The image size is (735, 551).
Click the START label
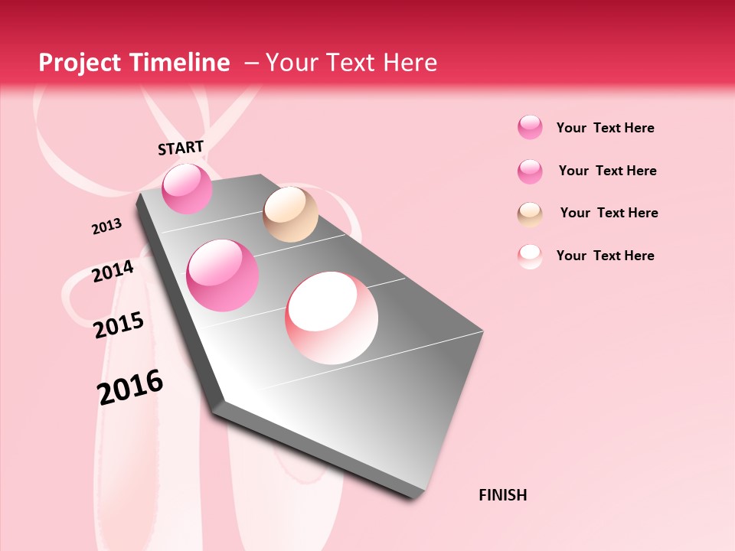181,148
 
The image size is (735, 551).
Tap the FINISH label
503,495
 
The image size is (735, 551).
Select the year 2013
107,227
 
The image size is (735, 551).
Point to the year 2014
113,271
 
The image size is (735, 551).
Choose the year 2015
119,325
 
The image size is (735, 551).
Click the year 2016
130,386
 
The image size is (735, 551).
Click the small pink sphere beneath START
187,188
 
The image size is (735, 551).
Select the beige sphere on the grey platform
290,214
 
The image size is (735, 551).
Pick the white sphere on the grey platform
332,318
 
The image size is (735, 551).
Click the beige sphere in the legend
530,214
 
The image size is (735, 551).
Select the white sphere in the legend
530,256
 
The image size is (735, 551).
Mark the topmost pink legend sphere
530,127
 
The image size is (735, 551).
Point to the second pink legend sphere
530,171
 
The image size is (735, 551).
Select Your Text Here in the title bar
351,63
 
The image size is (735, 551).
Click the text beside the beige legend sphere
609,213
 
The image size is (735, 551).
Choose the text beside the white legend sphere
606,256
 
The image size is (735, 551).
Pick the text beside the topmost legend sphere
606,128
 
